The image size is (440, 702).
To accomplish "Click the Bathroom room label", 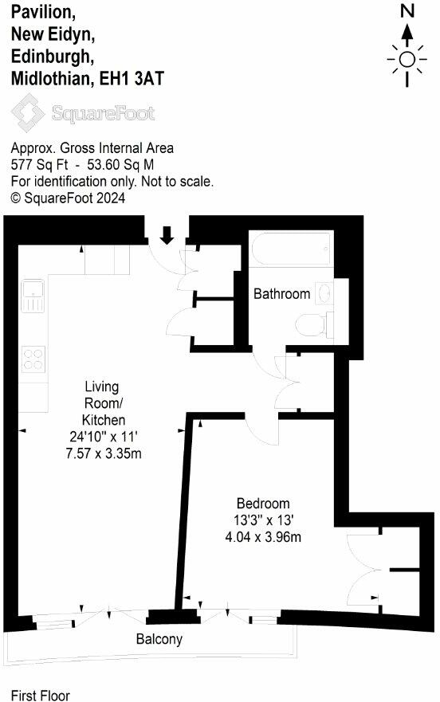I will coord(281,294).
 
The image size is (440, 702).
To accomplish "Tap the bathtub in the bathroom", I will coord(289,249).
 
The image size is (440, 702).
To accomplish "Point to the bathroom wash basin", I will coord(324,293).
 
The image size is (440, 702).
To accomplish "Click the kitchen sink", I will coord(33,296).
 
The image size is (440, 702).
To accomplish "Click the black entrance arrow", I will coord(167,235).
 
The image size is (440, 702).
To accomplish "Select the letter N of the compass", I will coord(407,11).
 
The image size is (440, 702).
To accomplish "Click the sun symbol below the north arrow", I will coord(407,60).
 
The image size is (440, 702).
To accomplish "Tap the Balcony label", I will coord(159,639).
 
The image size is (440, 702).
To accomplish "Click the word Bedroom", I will coord(262,504).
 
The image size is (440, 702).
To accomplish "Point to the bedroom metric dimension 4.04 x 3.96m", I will coord(262,536).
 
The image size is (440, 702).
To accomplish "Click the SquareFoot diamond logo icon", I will coord(28,113).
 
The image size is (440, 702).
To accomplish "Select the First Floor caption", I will coord(40,695).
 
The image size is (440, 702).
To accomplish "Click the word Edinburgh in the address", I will coord(51,56).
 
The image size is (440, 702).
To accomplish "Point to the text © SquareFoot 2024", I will coord(68,198).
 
